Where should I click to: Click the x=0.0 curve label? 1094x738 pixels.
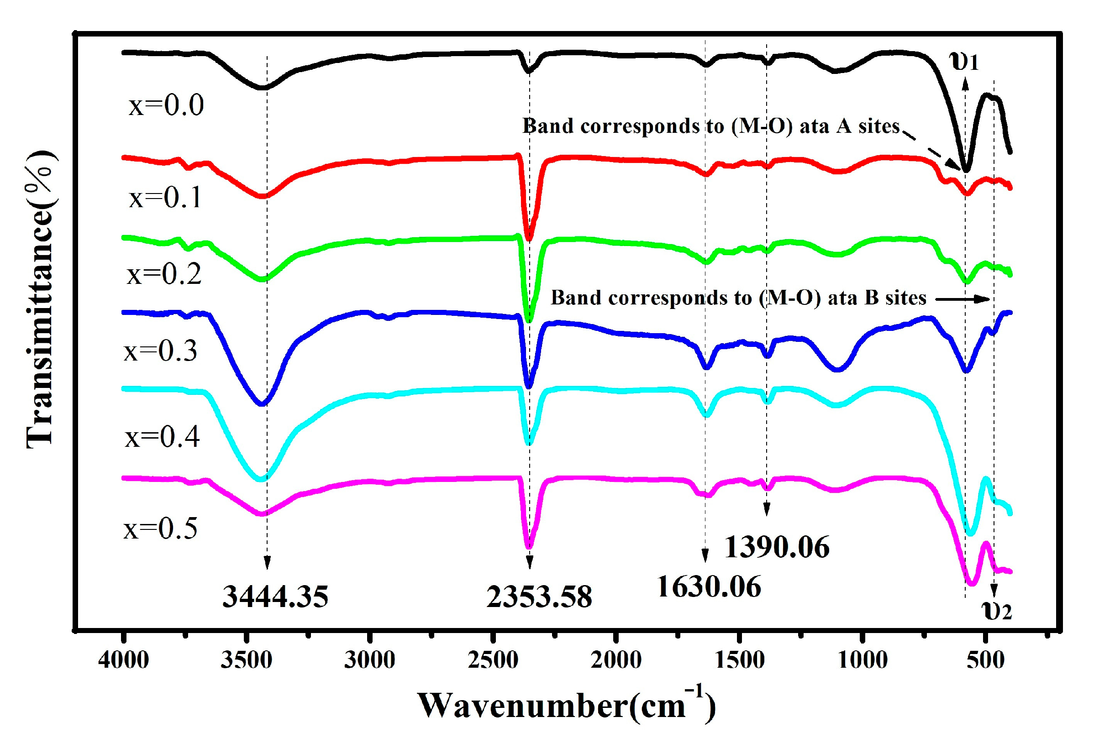tap(166, 105)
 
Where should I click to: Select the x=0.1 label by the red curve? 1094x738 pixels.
tap(165, 197)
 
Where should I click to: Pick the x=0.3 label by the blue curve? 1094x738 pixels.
tap(161, 351)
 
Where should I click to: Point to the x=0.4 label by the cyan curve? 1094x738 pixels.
tap(163, 437)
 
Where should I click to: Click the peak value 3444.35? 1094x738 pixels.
tap(275, 597)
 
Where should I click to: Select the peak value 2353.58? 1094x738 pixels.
tap(539, 597)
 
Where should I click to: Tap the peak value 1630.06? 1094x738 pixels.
tap(709, 587)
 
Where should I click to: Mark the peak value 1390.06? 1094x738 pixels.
tap(777, 547)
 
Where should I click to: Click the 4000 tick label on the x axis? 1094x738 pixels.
tap(123, 660)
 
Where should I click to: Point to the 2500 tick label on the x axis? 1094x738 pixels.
tap(492, 660)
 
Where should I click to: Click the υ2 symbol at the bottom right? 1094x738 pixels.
tap(997, 611)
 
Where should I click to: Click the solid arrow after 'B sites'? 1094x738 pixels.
tap(963, 299)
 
